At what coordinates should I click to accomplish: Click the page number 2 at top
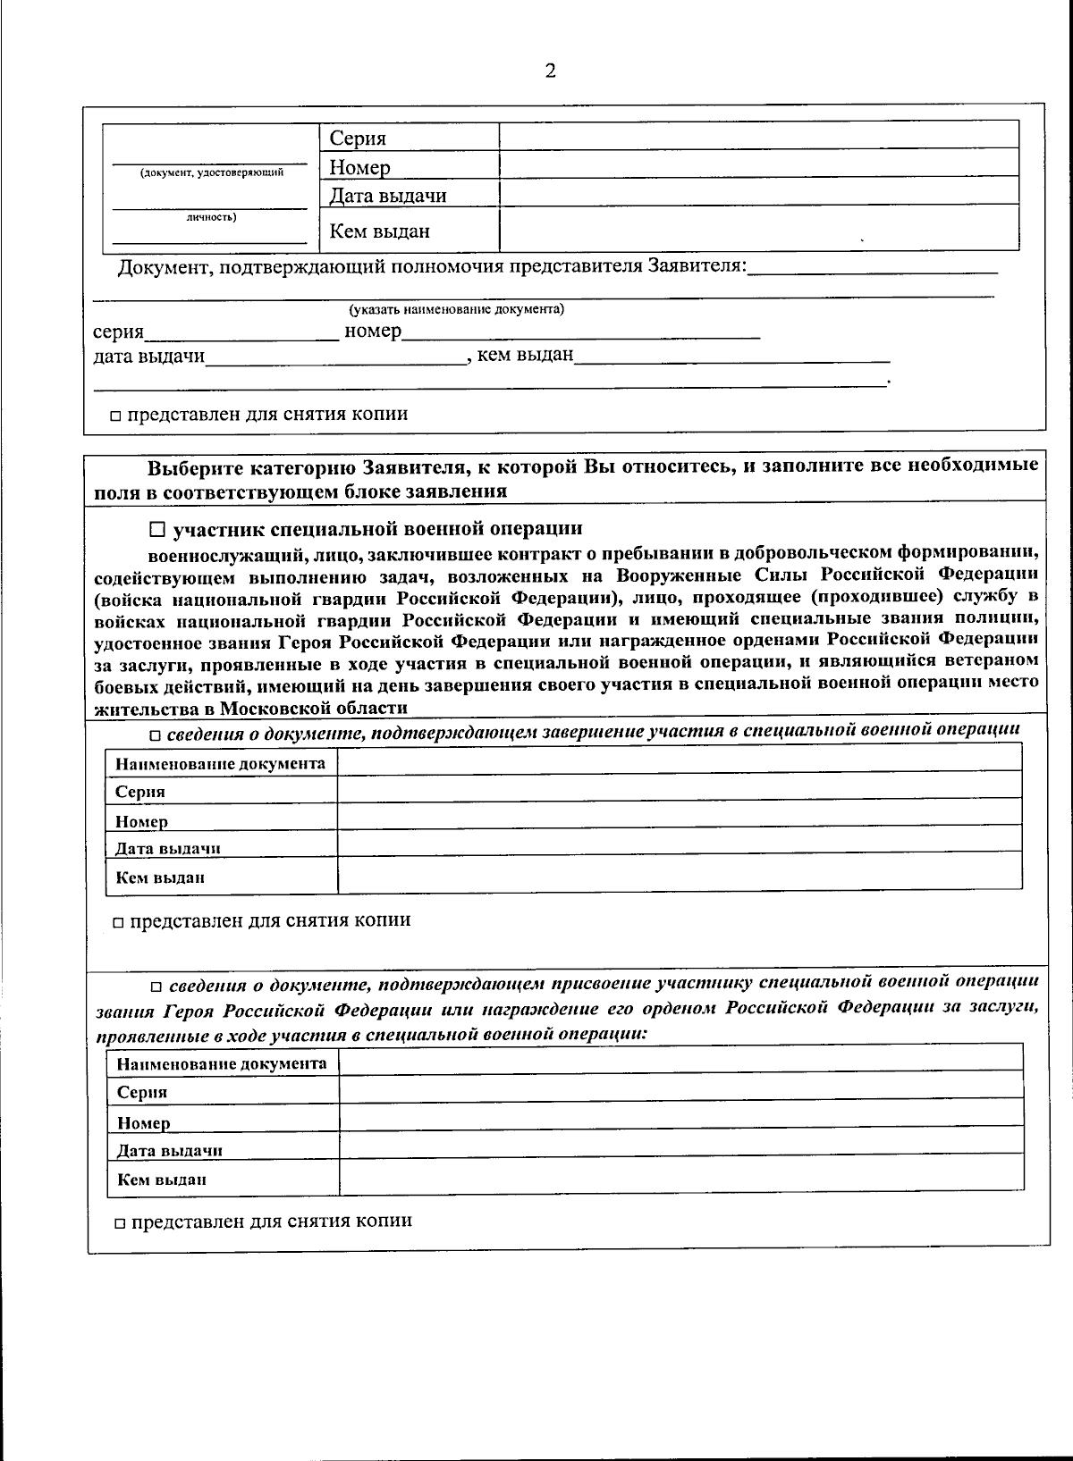(x=550, y=71)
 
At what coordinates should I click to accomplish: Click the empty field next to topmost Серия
(x=758, y=136)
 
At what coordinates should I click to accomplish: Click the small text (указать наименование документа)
(x=456, y=310)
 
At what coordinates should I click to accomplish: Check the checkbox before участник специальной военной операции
(x=157, y=529)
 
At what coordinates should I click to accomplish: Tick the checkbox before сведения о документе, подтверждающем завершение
(x=155, y=735)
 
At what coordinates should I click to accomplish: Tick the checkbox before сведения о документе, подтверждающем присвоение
(x=156, y=987)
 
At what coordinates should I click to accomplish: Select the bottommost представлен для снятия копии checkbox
(x=120, y=1222)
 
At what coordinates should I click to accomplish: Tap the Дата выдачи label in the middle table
(x=168, y=848)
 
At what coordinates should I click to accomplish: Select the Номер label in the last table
(x=144, y=1122)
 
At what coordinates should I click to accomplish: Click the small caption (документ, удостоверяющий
(x=212, y=172)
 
